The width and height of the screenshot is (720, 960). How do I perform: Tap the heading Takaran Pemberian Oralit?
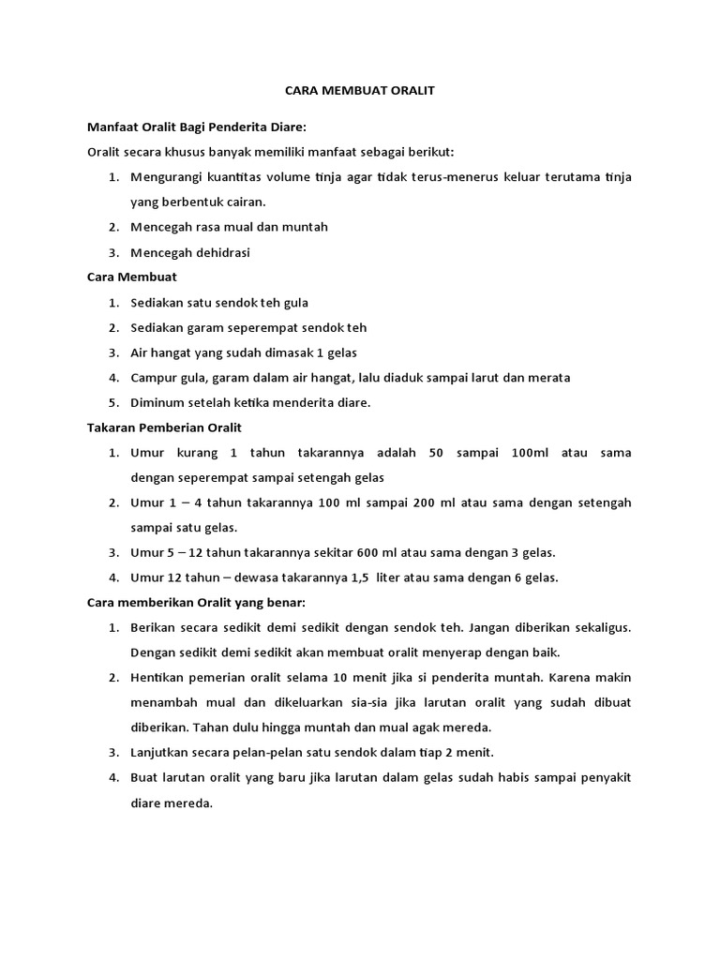point(164,427)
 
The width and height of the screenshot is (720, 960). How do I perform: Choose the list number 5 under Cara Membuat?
point(112,403)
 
